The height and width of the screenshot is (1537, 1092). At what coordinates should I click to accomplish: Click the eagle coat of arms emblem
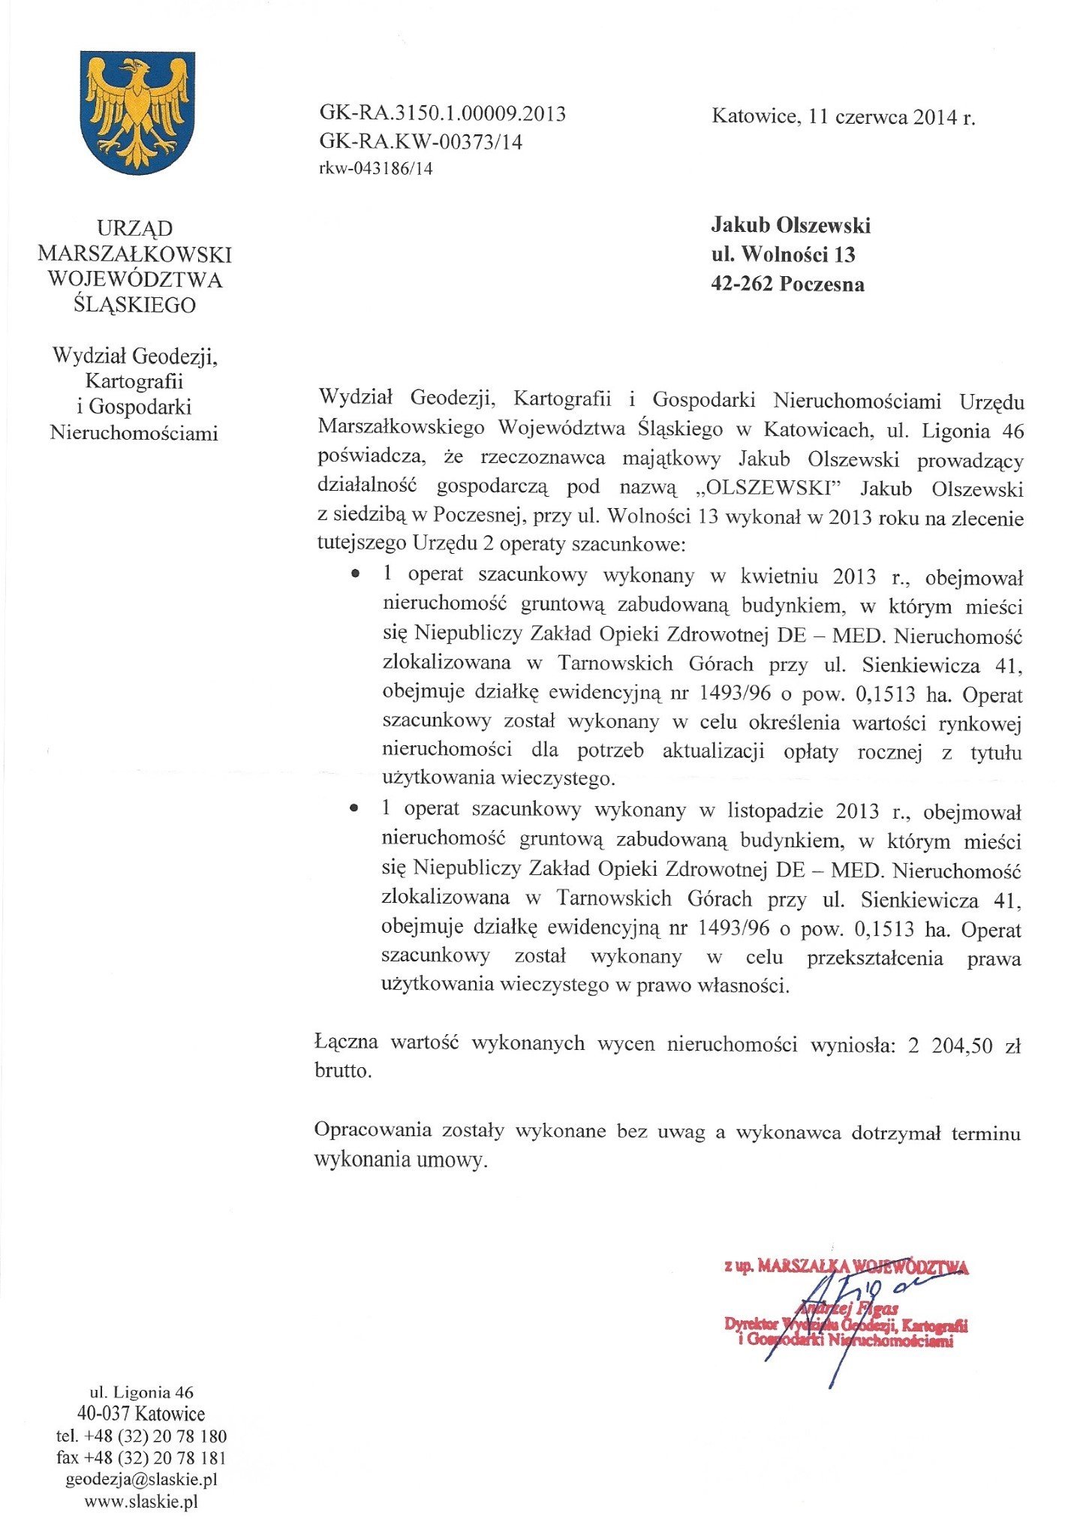click(137, 112)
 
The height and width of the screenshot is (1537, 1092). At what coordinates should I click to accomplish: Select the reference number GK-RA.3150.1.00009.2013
click(442, 114)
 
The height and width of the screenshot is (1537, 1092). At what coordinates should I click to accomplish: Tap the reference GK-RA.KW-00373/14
click(420, 142)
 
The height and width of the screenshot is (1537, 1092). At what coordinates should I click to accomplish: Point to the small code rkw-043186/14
click(376, 169)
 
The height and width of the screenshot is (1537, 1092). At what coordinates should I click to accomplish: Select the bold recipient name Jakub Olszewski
click(790, 225)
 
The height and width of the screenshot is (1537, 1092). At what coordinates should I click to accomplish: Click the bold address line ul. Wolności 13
click(783, 255)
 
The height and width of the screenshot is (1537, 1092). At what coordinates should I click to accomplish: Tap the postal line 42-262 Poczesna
click(787, 284)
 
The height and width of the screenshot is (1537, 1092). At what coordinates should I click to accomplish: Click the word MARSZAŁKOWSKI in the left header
click(135, 254)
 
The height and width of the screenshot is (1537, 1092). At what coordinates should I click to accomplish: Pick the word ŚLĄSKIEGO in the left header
click(135, 305)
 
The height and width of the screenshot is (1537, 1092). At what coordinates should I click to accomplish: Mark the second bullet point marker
click(354, 810)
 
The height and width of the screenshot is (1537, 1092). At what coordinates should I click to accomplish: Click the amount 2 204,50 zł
click(964, 1045)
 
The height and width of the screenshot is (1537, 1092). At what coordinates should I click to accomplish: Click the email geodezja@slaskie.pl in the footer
click(142, 1479)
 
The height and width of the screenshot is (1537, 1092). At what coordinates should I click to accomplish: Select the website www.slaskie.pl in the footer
click(141, 1502)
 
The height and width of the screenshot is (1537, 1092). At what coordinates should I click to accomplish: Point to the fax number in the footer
click(141, 1457)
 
